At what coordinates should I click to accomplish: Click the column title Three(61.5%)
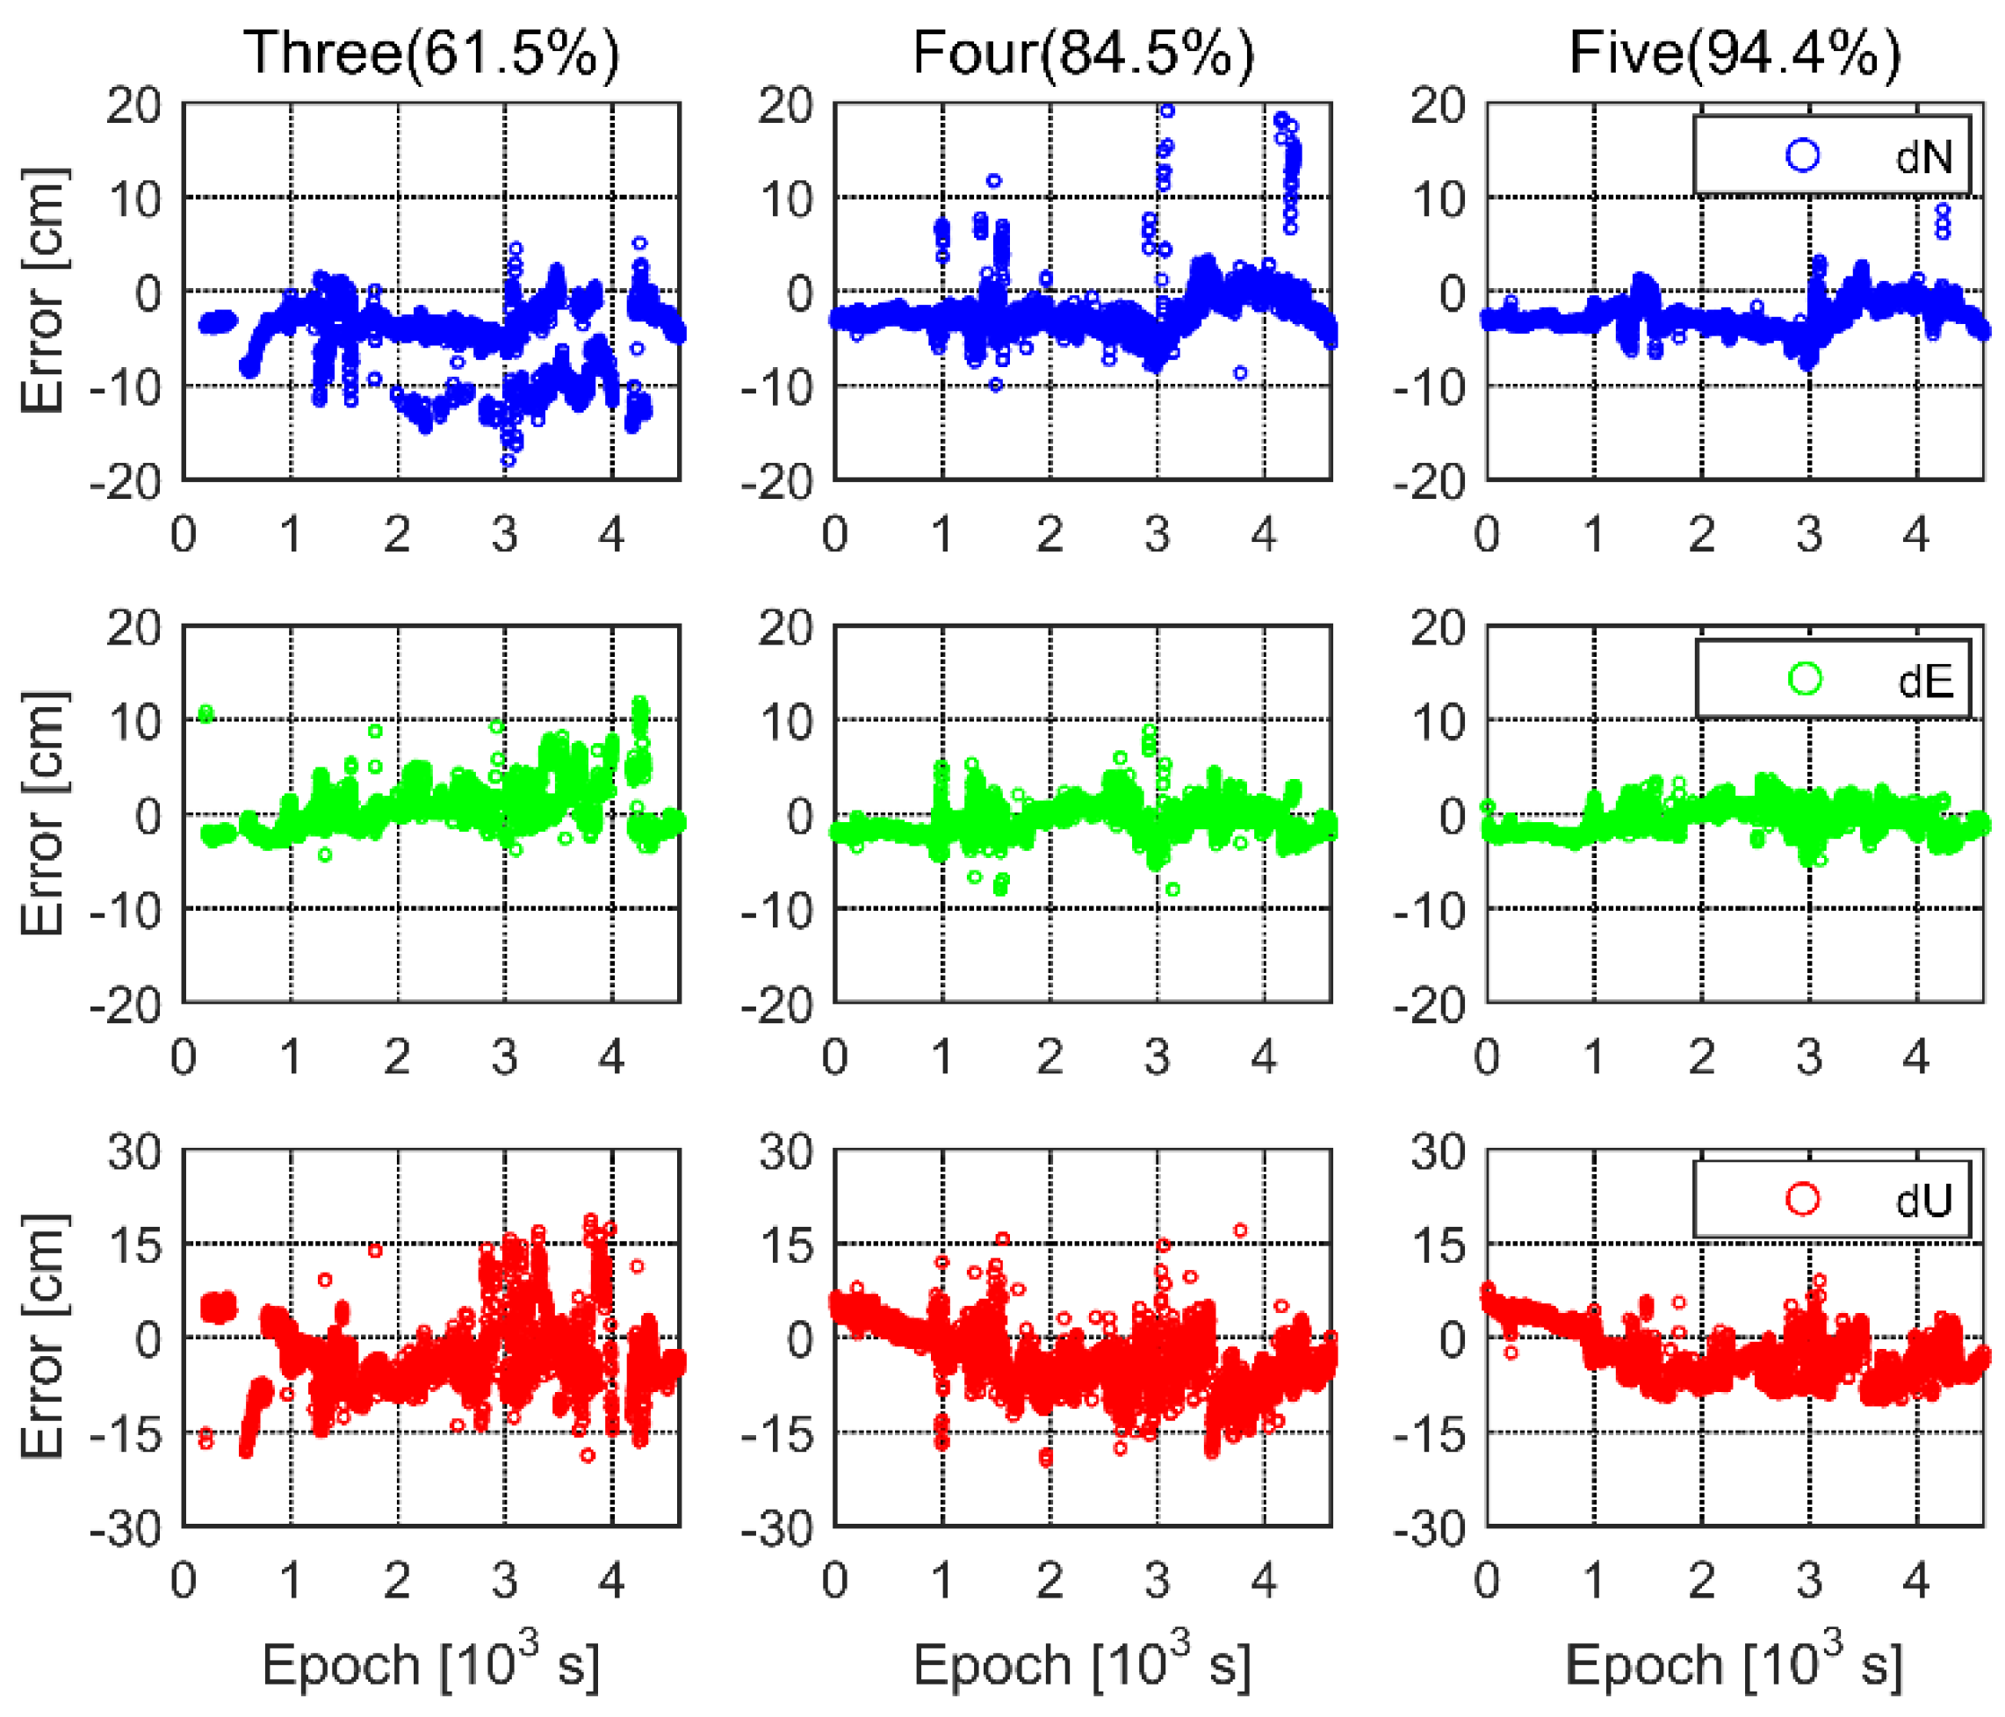(430, 53)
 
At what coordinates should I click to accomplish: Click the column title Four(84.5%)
(1083, 53)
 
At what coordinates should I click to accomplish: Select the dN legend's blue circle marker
(1802, 155)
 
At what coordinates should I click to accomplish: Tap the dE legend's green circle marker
(1805, 679)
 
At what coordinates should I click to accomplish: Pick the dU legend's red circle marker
(1803, 1199)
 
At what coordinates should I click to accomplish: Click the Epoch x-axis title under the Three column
(430, 1663)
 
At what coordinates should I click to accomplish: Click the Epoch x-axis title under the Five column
(1734, 1663)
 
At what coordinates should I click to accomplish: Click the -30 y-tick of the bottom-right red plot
(1428, 1529)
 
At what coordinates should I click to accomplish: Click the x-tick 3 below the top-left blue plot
(503, 534)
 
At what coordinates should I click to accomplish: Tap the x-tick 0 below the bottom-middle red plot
(835, 1580)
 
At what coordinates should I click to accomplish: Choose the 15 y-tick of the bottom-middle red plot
(786, 1245)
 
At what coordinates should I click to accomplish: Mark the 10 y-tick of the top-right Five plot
(1438, 199)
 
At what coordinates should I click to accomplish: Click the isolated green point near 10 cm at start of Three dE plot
(206, 713)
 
